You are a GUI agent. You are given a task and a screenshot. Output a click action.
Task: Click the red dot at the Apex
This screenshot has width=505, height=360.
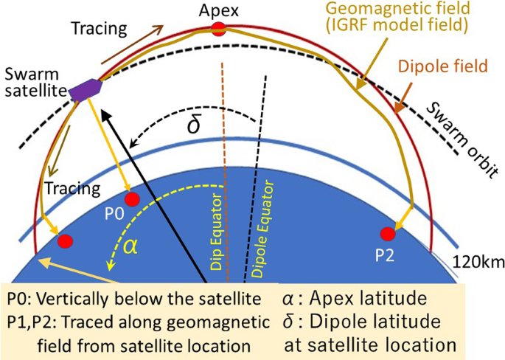click(x=217, y=30)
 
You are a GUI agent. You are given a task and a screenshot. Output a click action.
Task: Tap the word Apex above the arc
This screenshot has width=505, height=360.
click(x=217, y=10)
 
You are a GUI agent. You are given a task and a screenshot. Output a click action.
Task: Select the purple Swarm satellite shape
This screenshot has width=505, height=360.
click(x=85, y=88)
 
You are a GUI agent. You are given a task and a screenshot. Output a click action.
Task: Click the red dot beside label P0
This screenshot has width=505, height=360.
click(x=132, y=199)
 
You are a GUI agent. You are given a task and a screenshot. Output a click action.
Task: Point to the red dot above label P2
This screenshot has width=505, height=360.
click(x=386, y=235)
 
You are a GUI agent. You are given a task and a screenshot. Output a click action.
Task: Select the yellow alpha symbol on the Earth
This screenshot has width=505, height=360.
click(x=130, y=247)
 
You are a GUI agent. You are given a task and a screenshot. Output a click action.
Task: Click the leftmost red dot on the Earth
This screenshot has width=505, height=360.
click(x=65, y=240)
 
